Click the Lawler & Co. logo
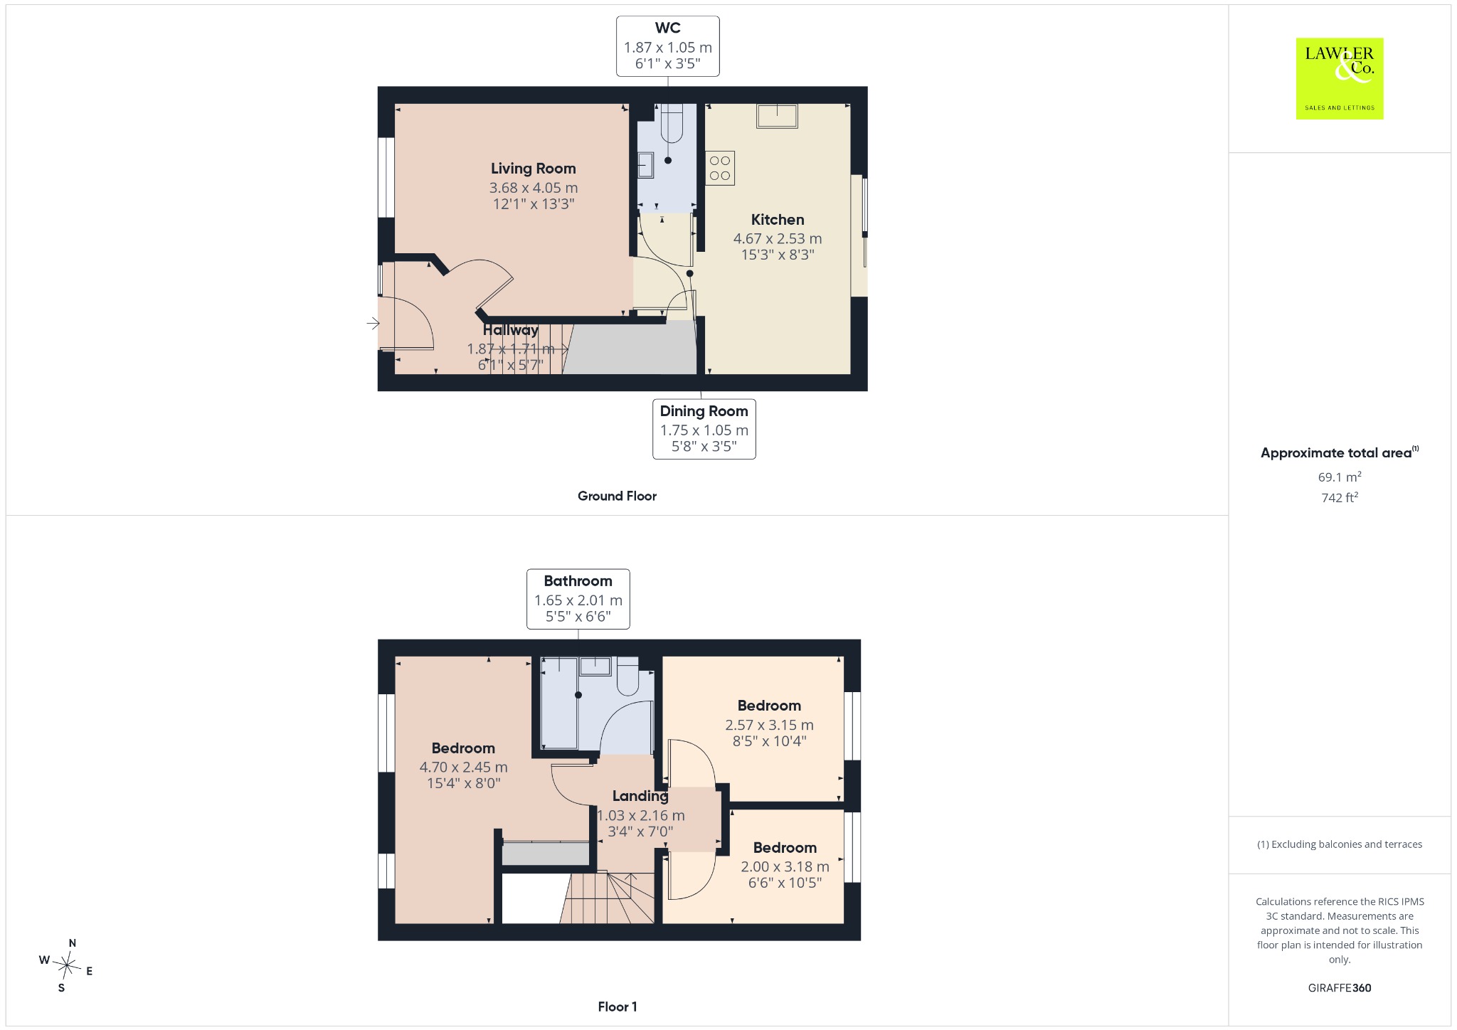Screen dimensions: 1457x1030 point(1340,78)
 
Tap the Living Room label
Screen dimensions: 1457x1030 point(534,169)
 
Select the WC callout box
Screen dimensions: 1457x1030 point(668,46)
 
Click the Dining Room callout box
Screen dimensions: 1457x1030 point(704,429)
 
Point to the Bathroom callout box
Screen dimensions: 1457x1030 point(578,599)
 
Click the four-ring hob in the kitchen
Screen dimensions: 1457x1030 point(720,168)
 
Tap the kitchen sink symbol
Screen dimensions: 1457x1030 point(777,115)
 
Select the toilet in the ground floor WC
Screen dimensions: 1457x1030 point(672,122)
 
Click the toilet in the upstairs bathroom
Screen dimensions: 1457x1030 point(627,676)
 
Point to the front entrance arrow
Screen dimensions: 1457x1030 point(373,324)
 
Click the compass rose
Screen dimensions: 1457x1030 point(66,965)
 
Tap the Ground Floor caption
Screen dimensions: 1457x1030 point(617,497)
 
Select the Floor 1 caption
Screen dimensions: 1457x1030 point(618,1007)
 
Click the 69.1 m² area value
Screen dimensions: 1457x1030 point(1340,477)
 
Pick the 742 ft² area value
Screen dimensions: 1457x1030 point(1340,497)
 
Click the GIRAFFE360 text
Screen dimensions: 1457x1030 point(1340,988)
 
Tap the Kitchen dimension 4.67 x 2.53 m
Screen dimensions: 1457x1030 point(778,239)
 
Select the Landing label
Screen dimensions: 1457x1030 point(640,796)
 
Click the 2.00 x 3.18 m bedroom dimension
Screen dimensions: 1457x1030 point(785,866)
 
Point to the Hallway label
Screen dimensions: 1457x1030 point(511,330)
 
